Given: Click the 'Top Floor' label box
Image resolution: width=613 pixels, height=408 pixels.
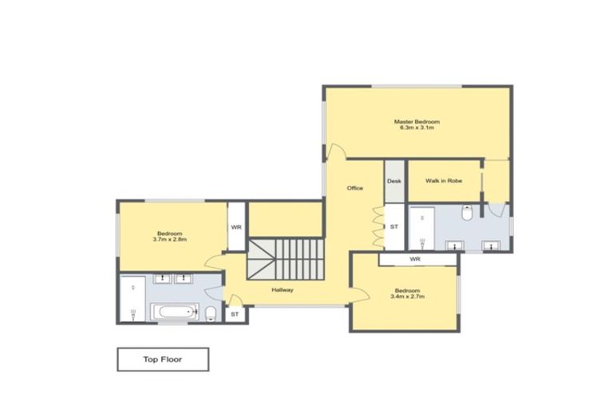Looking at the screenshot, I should tap(163, 359).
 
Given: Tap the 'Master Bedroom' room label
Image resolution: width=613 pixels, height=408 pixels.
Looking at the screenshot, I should tap(417, 122).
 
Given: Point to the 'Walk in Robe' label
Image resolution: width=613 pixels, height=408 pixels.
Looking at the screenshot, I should tap(443, 182).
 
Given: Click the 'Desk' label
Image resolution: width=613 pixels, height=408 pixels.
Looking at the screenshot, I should tap(394, 182).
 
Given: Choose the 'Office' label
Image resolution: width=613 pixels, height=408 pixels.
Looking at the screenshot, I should tap(354, 188).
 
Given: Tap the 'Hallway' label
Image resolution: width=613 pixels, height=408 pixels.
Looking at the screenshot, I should tap(283, 290).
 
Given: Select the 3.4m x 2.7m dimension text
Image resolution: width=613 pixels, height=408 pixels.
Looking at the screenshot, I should tap(407, 296).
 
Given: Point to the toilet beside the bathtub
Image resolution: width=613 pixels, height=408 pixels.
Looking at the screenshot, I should tap(209, 312).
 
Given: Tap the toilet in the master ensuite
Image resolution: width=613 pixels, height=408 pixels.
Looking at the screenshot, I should tap(468, 212).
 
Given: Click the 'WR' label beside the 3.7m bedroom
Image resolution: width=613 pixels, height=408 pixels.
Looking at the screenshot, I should tap(236, 227).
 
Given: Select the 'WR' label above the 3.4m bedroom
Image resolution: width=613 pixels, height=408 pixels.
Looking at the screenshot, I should tap(415, 259).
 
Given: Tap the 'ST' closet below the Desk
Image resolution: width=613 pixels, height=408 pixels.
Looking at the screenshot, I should tap(394, 227).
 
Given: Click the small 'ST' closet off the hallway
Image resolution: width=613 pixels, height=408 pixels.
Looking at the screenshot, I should tap(235, 315).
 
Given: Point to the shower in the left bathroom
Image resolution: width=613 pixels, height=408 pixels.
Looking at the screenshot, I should tap(132, 299).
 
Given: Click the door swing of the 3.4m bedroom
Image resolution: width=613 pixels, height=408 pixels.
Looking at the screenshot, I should tap(360, 294).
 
